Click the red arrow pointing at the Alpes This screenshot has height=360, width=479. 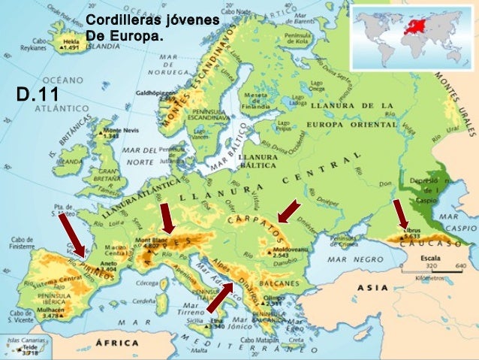(x=167, y=219)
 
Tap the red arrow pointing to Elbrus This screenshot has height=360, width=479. (x=400, y=214)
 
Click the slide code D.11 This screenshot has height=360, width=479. (x=38, y=95)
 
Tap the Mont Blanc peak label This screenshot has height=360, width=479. (x=149, y=243)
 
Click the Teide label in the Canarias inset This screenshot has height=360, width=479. (x=31, y=349)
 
